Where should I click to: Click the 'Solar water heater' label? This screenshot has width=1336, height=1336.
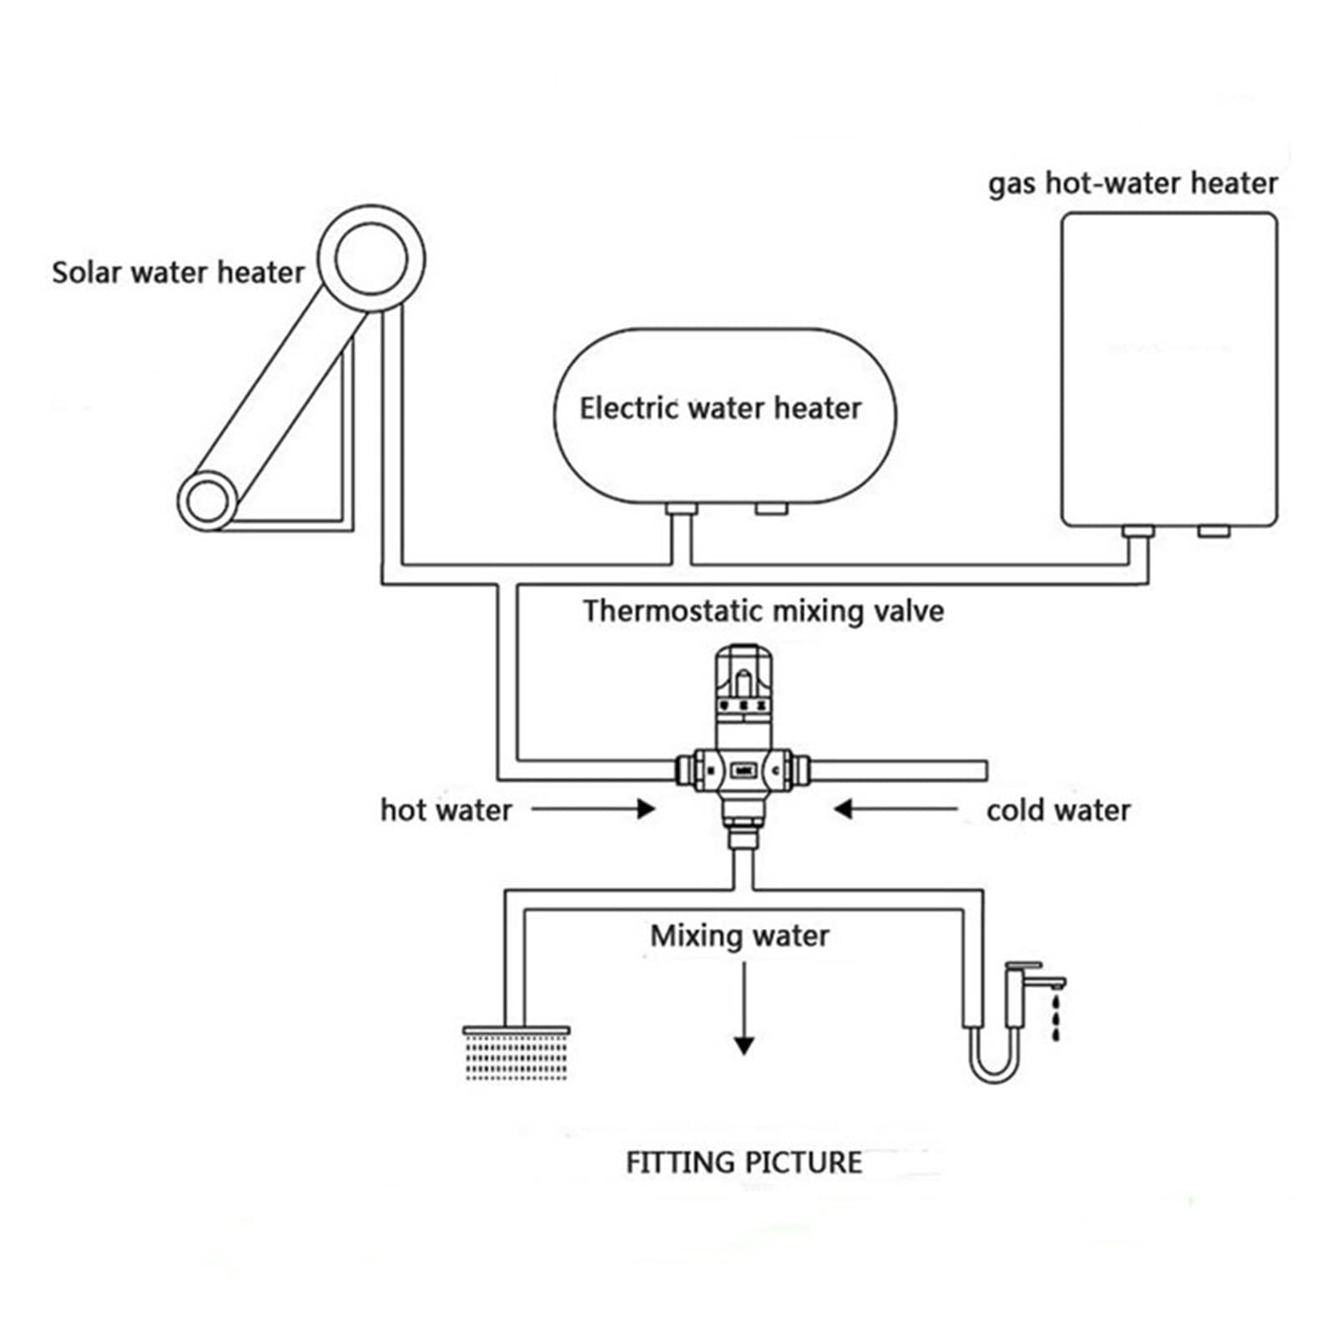pyautogui.click(x=178, y=272)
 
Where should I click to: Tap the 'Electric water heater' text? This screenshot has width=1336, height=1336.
pyautogui.click(x=720, y=408)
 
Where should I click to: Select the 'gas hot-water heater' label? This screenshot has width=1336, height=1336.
pyautogui.click(x=1132, y=184)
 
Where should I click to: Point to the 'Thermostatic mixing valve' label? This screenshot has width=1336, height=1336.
pyautogui.click(x=763, y=611)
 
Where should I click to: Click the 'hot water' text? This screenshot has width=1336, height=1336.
pyautogui.click(x=446, y=809)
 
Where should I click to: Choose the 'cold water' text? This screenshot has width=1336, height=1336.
pyautogui.click(x=1058, y=809)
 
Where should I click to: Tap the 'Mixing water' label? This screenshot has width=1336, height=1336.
pyautogui.click(x=739, y=936)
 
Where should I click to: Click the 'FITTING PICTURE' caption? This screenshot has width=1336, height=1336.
pyautogui.click(x=744, y=1162)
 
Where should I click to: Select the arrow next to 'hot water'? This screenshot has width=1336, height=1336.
pyautogui.click(x=593, y=809)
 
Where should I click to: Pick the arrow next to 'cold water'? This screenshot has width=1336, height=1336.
pyautogui.click(x=895, y=809)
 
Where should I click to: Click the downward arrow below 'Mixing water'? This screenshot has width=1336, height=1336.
pyautogui.click(x=744, y=1008)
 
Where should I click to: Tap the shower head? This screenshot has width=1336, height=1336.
pyautogui.click(x=516, y=1052)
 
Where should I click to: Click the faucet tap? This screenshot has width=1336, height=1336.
pyautogui.click(x=1033, y=993)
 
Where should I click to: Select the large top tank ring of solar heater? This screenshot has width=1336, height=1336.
pyautogui.click(x=371, y=258)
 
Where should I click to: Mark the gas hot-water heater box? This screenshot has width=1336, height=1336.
pyautogui.click(x=1169, y=370)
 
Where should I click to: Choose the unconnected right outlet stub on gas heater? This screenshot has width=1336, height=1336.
pyautogui.click(x=1214, y=532)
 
